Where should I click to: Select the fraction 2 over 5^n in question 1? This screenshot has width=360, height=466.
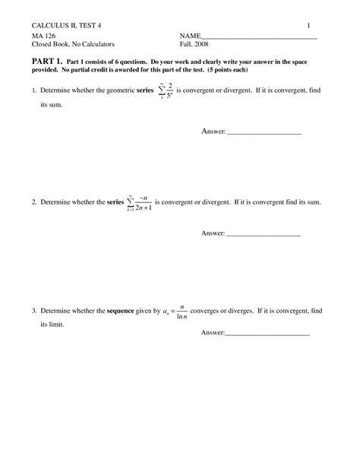tap(172, 91)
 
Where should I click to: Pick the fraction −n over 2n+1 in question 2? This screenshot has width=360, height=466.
tap(141, 204)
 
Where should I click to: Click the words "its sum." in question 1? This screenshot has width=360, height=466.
tap(52, 105)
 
